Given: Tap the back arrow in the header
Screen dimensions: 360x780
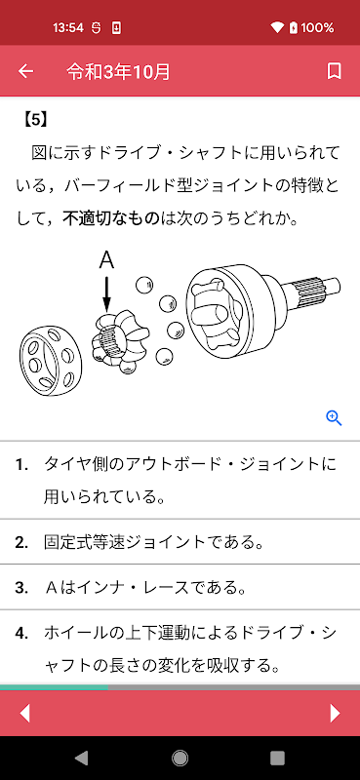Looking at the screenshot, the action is (25, 71).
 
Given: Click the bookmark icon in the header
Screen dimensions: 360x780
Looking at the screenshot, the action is (334, 71).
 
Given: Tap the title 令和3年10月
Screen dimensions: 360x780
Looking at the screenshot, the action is (118, 72).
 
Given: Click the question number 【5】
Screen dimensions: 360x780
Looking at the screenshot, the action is (35, 120).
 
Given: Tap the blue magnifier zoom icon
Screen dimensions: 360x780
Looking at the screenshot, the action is (334, 418).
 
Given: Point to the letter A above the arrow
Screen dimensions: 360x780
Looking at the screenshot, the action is (106, 260).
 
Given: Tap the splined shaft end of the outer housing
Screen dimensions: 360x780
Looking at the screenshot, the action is (315, 290).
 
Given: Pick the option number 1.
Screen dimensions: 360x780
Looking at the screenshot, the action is (20, 465).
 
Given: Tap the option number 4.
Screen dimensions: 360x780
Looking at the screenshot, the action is (20, 633).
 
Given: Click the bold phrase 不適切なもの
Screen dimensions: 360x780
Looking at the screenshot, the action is (111, 217).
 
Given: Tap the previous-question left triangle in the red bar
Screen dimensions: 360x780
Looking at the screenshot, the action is (24, 714).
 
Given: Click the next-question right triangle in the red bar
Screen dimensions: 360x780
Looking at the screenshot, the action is (335, 714).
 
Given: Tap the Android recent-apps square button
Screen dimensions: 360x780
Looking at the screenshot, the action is (277, 758).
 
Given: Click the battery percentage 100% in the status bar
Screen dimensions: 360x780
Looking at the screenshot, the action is (318, 28).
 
